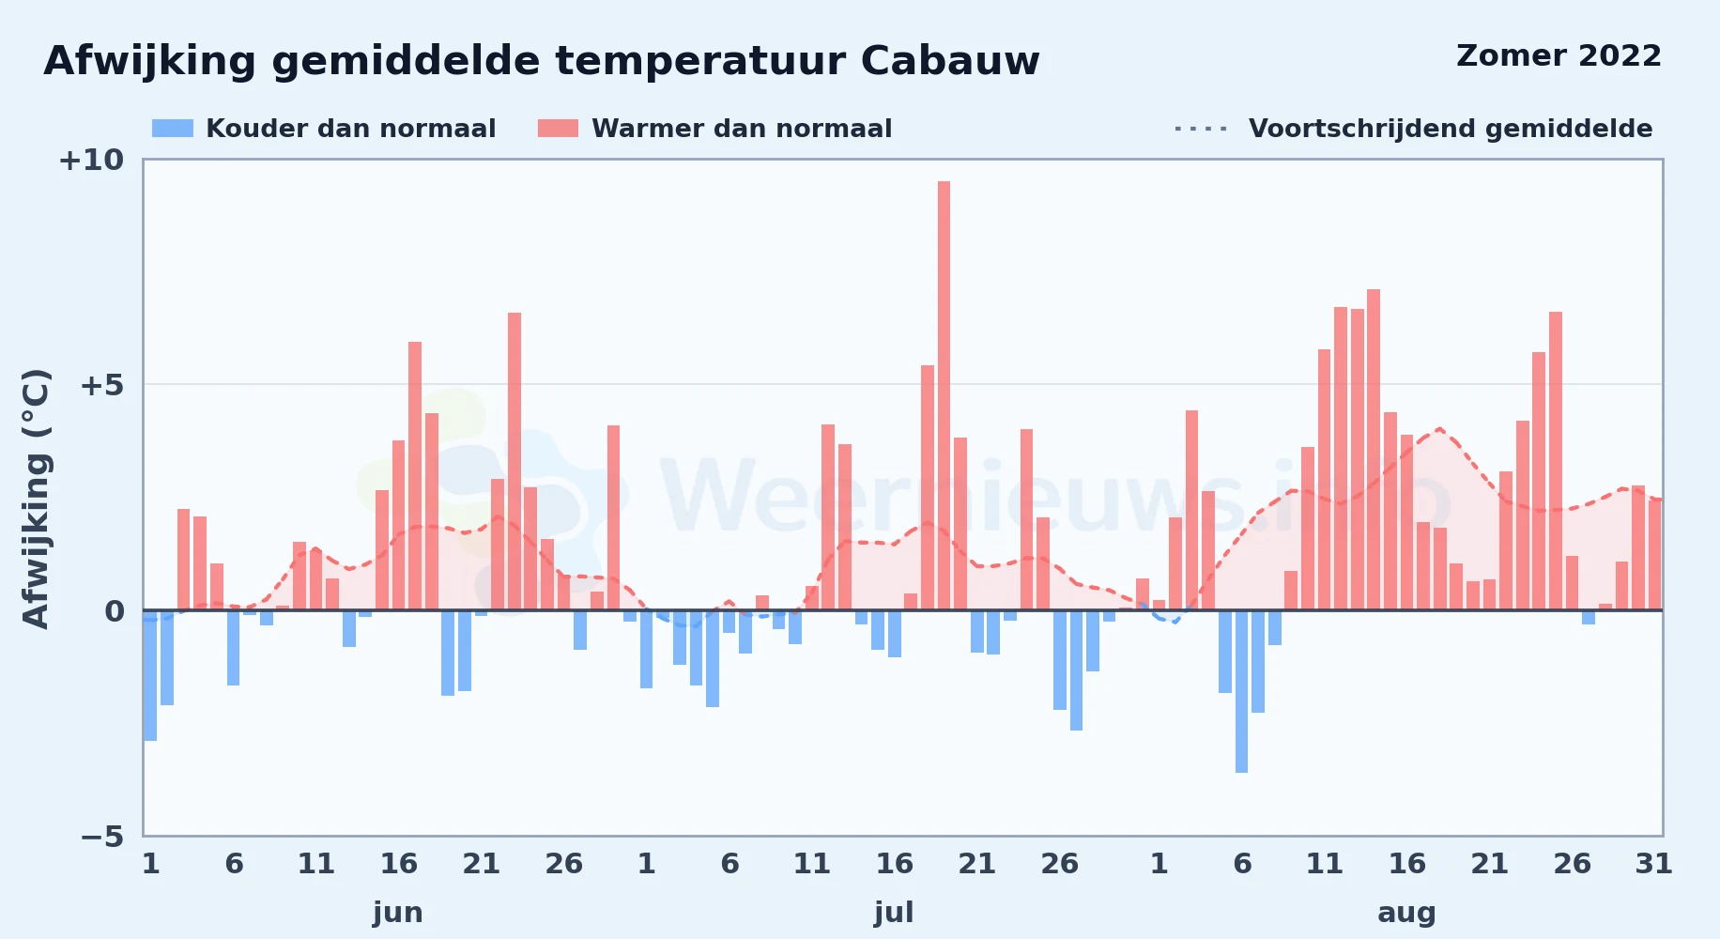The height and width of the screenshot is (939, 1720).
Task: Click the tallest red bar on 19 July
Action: coord(944,395)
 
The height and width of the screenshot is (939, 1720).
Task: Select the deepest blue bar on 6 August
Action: coord(1241,691)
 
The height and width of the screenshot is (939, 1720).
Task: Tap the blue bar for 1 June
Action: coord(150,675)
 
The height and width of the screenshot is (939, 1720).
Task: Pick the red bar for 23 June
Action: coord(514,461)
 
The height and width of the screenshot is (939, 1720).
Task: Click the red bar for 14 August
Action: coord(1374,450)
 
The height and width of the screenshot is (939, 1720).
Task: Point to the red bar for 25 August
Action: coord(1556,461)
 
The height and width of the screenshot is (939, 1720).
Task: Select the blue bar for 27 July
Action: coord(1076,670)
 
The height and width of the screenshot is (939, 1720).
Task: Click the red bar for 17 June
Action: coord(415,476)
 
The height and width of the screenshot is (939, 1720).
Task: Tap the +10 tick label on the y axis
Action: coord(91,160)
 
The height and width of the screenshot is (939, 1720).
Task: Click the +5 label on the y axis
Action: coord(102,385)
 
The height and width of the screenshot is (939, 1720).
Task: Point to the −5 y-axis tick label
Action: coord(102,836)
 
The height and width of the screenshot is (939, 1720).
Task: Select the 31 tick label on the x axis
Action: coord(1654,863)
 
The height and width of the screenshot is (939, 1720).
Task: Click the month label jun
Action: coord(398,913)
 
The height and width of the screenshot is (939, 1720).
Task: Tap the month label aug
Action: coord(1406,913)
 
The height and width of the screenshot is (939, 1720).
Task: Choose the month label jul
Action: coord(894,912)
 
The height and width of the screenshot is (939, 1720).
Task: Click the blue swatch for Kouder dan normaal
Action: coord(173,129)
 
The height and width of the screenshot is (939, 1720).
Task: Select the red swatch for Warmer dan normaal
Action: coord(558,129)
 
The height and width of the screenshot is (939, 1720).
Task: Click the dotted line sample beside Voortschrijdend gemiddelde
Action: coord(1201,129)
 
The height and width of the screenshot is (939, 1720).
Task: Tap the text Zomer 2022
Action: coord(1559,56)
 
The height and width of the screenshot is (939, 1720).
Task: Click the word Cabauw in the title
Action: coord(950,61)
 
